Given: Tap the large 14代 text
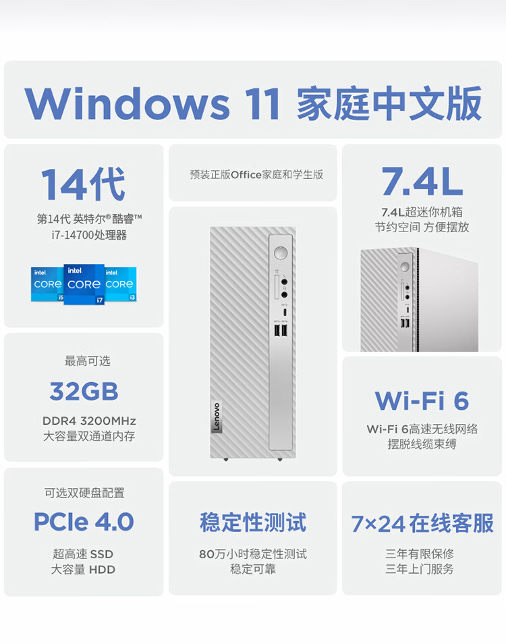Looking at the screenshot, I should click(83, 184).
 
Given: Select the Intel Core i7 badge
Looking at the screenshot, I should click(84, 284).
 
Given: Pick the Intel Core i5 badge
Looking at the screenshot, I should click(47, 284).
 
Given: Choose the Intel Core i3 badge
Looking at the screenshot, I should click(121, 284).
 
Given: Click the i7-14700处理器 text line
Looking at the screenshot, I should click(84, 235).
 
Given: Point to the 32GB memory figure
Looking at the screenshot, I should click(84, 391).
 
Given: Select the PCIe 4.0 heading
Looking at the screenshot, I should click(84, 522).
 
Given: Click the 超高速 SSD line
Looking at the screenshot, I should click(83, 554).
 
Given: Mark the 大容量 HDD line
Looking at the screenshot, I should click(83, 569).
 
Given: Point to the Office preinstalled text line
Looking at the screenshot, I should click(256, 175).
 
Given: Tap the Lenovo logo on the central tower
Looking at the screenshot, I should click(217, 417).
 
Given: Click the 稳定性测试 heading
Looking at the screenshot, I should click(253, 522).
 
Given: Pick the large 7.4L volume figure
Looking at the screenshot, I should click(422, 181).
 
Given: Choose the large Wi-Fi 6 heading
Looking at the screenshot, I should click(422, 400).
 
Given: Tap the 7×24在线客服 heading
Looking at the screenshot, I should click(422, 523).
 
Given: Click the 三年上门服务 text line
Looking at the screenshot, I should click(420, 569).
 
